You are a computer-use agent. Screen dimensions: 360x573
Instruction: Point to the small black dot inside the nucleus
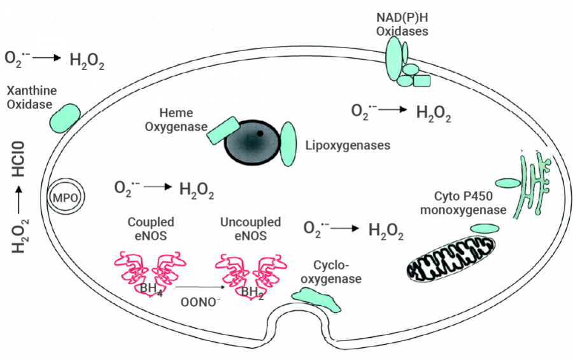[x=260, y=134]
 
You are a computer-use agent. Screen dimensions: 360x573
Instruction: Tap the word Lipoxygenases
[x=348, y=145]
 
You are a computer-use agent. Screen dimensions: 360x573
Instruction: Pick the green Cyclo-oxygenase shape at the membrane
[x=316, y=297]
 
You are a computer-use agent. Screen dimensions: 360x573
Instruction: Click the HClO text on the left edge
[x=21, y=160]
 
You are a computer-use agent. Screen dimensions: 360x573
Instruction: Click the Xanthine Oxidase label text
[x=31, y=97]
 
